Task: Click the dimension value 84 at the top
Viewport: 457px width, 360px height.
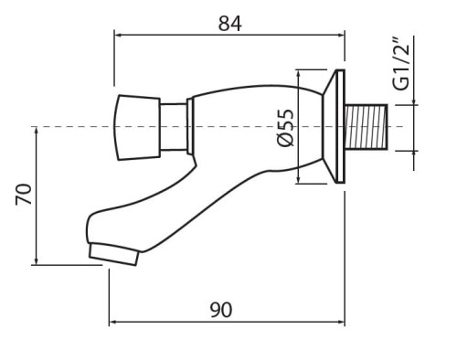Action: tap(230, 24)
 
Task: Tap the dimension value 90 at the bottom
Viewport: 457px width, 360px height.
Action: tap(221, 310)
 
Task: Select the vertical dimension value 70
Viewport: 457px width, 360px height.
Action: tap(24, 194)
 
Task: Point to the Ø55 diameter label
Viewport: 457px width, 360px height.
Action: tap(285, 128)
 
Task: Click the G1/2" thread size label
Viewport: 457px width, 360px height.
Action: tap(400, 64)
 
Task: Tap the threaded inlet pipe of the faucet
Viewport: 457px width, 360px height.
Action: tap(366, 127)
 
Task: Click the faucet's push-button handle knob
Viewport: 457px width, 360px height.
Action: tap(137, 128)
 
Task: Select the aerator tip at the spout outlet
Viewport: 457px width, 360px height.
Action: tap(113, 254)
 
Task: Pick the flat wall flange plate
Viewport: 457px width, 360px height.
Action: tap(340, 126)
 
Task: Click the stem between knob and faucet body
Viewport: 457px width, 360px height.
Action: tap(174, 127)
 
